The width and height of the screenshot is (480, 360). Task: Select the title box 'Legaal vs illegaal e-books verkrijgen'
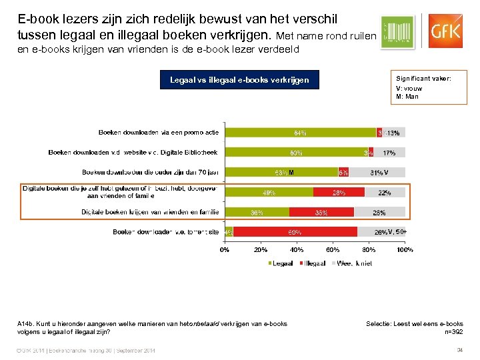(x=239, y=80)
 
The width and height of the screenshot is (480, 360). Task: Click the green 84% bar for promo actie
(x=301, y=133)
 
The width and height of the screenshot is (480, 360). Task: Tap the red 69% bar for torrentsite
(x=295, y=232)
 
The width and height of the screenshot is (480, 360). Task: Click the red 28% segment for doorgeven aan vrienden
(x=338, y=192)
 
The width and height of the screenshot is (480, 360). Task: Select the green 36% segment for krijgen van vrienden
(x=257, y=212)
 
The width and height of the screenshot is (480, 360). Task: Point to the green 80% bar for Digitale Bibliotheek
(x=297, y=153)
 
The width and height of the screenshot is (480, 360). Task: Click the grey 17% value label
(x=389, y=153)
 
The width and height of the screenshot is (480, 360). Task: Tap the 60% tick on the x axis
(x=333, y=250)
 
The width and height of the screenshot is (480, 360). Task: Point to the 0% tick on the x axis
(x=225, y=250)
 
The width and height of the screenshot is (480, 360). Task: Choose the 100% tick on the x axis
(x=405, y=250)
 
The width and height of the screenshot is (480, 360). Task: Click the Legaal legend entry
(x=281, y=263)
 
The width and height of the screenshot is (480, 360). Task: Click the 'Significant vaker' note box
(x=429, y=87)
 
